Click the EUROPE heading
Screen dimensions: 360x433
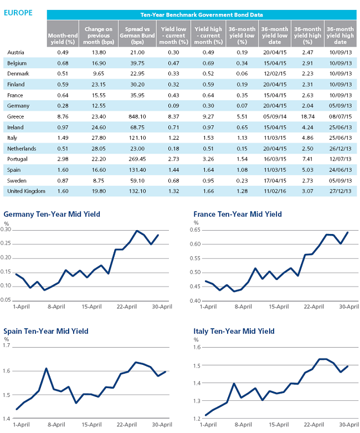tap(18, 13)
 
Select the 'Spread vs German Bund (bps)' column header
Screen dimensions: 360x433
tap(137, 35)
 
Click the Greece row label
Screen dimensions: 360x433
tap(16, 116)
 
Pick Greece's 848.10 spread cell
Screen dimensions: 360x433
tap(137, 116)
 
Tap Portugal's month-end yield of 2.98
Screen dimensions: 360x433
tap(63, 159)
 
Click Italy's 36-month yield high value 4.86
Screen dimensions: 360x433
tap(307, 138)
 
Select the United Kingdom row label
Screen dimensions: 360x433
tap(26, 191)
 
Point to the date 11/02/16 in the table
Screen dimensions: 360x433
tap(275, 191)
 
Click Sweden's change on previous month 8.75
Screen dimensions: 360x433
tap(99, 181)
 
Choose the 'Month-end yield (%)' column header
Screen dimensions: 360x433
tap(63, 39)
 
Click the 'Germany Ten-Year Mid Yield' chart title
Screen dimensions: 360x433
tap(52, 215)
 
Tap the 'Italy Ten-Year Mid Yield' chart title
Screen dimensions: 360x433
tap(234, 331)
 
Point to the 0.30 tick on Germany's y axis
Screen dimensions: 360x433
tap(6, 230)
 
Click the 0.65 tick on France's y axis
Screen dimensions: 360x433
tap(195, 230)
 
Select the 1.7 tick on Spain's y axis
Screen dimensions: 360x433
tap(6, 345)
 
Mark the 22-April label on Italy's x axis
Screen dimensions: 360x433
tap(314, 425)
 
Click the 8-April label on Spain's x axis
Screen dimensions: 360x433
tap(56, 425)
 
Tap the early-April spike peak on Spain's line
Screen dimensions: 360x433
tap(46, 368)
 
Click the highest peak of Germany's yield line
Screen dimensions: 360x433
tap(137, 231)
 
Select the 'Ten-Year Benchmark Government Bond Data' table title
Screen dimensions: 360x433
tap(202, 15)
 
